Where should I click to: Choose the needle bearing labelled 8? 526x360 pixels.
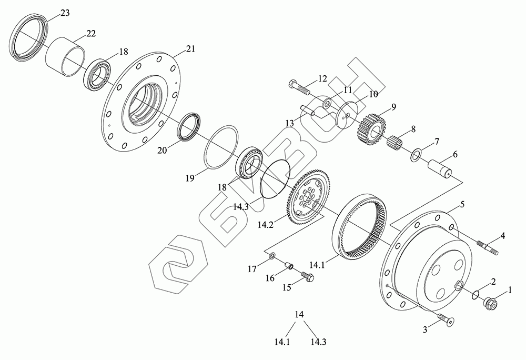tap(398, 143)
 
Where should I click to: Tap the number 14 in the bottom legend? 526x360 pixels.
tap(299, 315)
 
